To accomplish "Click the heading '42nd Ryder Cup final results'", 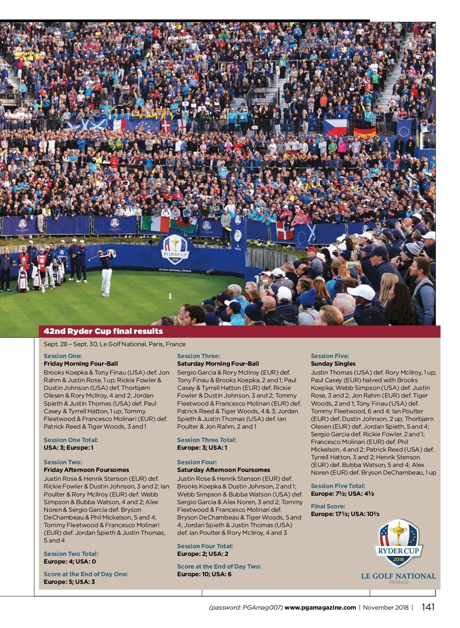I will tap(103, 331).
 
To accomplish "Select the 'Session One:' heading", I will tap(63, 356).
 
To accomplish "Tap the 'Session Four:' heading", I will tap(197, 462).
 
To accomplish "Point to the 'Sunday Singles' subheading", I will tap(333, 363).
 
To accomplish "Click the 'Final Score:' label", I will tap(328, 506).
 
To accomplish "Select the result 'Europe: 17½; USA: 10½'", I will tap(345, 514).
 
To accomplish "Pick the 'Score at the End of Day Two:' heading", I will tap(219, 566).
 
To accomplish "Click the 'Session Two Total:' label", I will tap(71, 554).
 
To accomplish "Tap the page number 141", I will tap(428, 607).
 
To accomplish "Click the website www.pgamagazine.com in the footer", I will tap(320, 607).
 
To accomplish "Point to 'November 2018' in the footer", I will tap(386, 607).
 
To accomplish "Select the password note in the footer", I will tap(246, 607).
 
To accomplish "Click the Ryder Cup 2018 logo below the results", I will tap(398, 544).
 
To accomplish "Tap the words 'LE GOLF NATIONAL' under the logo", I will tap(398, 576).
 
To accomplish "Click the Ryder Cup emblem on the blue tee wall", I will tap(175, 250).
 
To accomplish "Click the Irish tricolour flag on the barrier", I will tap(155, 224).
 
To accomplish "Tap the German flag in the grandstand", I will tap(365, 132).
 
